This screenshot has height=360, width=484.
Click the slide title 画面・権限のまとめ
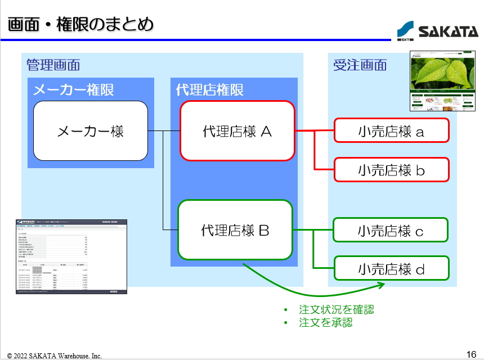pyautogui.click(x=80, y=25)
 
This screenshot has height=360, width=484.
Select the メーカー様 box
pyautogui.click(x=91, y=131)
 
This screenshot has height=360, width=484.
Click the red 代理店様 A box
pyautogui.click(x=237, y=131)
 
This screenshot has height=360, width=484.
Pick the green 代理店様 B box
pyautogui.click(x=235, y=229)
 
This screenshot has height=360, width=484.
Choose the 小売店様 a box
pyautogui.click(x=391, y=131)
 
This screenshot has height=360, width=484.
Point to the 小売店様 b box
pyautogui.click(x=391, y=169)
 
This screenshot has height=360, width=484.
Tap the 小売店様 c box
pyautogui.click(x=391, y=230)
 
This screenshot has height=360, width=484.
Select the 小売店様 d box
pyautogui.click(x=391, y=268)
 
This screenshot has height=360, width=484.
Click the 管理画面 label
pyautogui.click(x=53, y=65)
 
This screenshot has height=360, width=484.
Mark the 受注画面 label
pyautogui.click(x=360, y=65)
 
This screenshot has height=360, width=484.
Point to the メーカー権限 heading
pyautogui.click(x=74, y=89)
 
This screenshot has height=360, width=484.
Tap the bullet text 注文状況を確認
pyautogui.click(x=337, y=309)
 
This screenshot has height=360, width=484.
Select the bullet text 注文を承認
pyautogui.click(x=326, y=322)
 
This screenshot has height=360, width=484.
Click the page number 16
pyautogui.click(x=472, y=354)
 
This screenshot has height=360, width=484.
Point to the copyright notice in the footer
pyautogui.click(x=55, y=355)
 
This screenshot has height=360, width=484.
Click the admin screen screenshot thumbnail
pyautogui.click(x=71, y=256)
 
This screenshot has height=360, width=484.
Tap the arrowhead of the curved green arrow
pyautogui.click(x=381, y=285)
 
